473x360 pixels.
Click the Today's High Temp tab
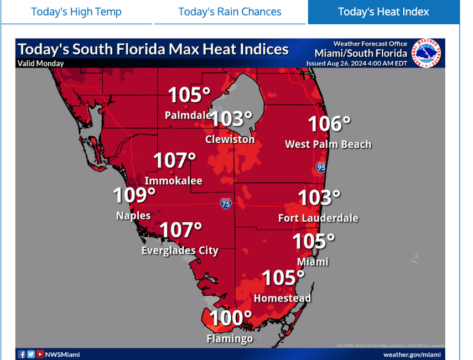coord(76,12)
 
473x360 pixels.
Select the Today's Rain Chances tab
coord(230,12)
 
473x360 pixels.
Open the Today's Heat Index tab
coord(383,12)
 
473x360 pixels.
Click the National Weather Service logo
coord(429,53)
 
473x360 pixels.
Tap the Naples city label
coord(133,216)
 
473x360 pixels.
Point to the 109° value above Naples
coord(134,196)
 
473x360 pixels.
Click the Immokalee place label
coord(173,181)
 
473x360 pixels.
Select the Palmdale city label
coord(188,116)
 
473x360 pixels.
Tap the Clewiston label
coord(230,139)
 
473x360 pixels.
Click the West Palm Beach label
coord(328,144)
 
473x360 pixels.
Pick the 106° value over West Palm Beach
coord(329,124)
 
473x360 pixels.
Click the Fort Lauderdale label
coord(318,218)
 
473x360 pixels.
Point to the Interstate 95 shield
coord(321,166)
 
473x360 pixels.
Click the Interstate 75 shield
coord(226,203)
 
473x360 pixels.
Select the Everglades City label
coord(180,251)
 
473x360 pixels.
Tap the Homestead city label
coord(282,298)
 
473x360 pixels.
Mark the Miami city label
coord(313,262)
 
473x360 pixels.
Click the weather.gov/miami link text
coord(412,354)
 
